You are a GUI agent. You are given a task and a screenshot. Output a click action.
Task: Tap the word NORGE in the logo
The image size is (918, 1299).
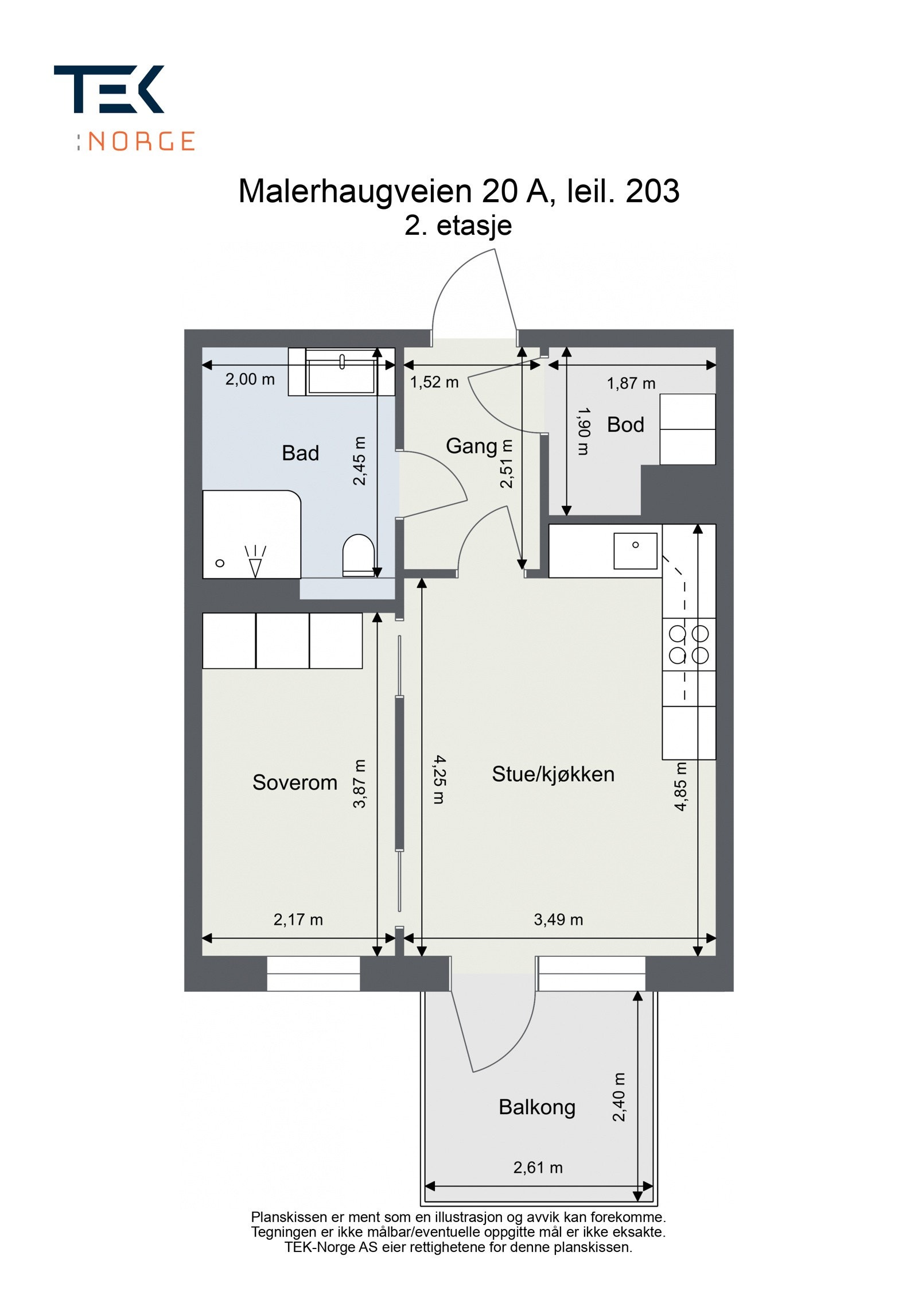[142, 141]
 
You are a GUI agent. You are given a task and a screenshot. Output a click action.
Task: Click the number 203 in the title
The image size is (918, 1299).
[652, 191]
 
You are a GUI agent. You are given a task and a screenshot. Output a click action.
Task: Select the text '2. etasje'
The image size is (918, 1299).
[458, 226]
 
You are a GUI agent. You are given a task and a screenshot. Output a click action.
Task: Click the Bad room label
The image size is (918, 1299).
[300, 453]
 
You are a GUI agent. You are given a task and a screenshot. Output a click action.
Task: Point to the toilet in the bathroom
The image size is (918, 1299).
[358, 554]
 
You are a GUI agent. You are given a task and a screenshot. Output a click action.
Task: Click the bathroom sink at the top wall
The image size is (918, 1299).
[342, 372]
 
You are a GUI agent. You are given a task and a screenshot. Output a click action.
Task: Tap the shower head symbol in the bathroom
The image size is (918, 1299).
[255, 561]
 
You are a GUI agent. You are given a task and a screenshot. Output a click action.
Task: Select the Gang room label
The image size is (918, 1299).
[471, 446]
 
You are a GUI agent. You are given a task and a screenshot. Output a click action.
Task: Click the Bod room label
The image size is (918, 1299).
[625, 425]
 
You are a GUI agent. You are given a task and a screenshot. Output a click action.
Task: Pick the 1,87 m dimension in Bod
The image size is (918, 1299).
[631, 383]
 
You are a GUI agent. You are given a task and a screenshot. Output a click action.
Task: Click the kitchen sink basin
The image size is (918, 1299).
[635, 550]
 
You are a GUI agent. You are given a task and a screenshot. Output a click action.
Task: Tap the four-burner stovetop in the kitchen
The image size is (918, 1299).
[688, 644]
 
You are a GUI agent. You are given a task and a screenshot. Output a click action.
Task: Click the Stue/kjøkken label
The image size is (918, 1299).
[553, 774]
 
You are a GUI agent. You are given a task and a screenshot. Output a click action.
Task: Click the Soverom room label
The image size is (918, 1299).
[295, 782]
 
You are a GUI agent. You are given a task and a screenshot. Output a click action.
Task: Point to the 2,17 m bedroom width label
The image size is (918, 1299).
[298, 920]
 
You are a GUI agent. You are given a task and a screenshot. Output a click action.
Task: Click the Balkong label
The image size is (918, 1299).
[536, 1107]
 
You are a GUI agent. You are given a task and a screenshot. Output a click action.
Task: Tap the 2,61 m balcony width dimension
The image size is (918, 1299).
[538, 1168]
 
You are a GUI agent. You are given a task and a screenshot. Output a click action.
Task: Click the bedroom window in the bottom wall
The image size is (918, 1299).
[313, 974]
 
